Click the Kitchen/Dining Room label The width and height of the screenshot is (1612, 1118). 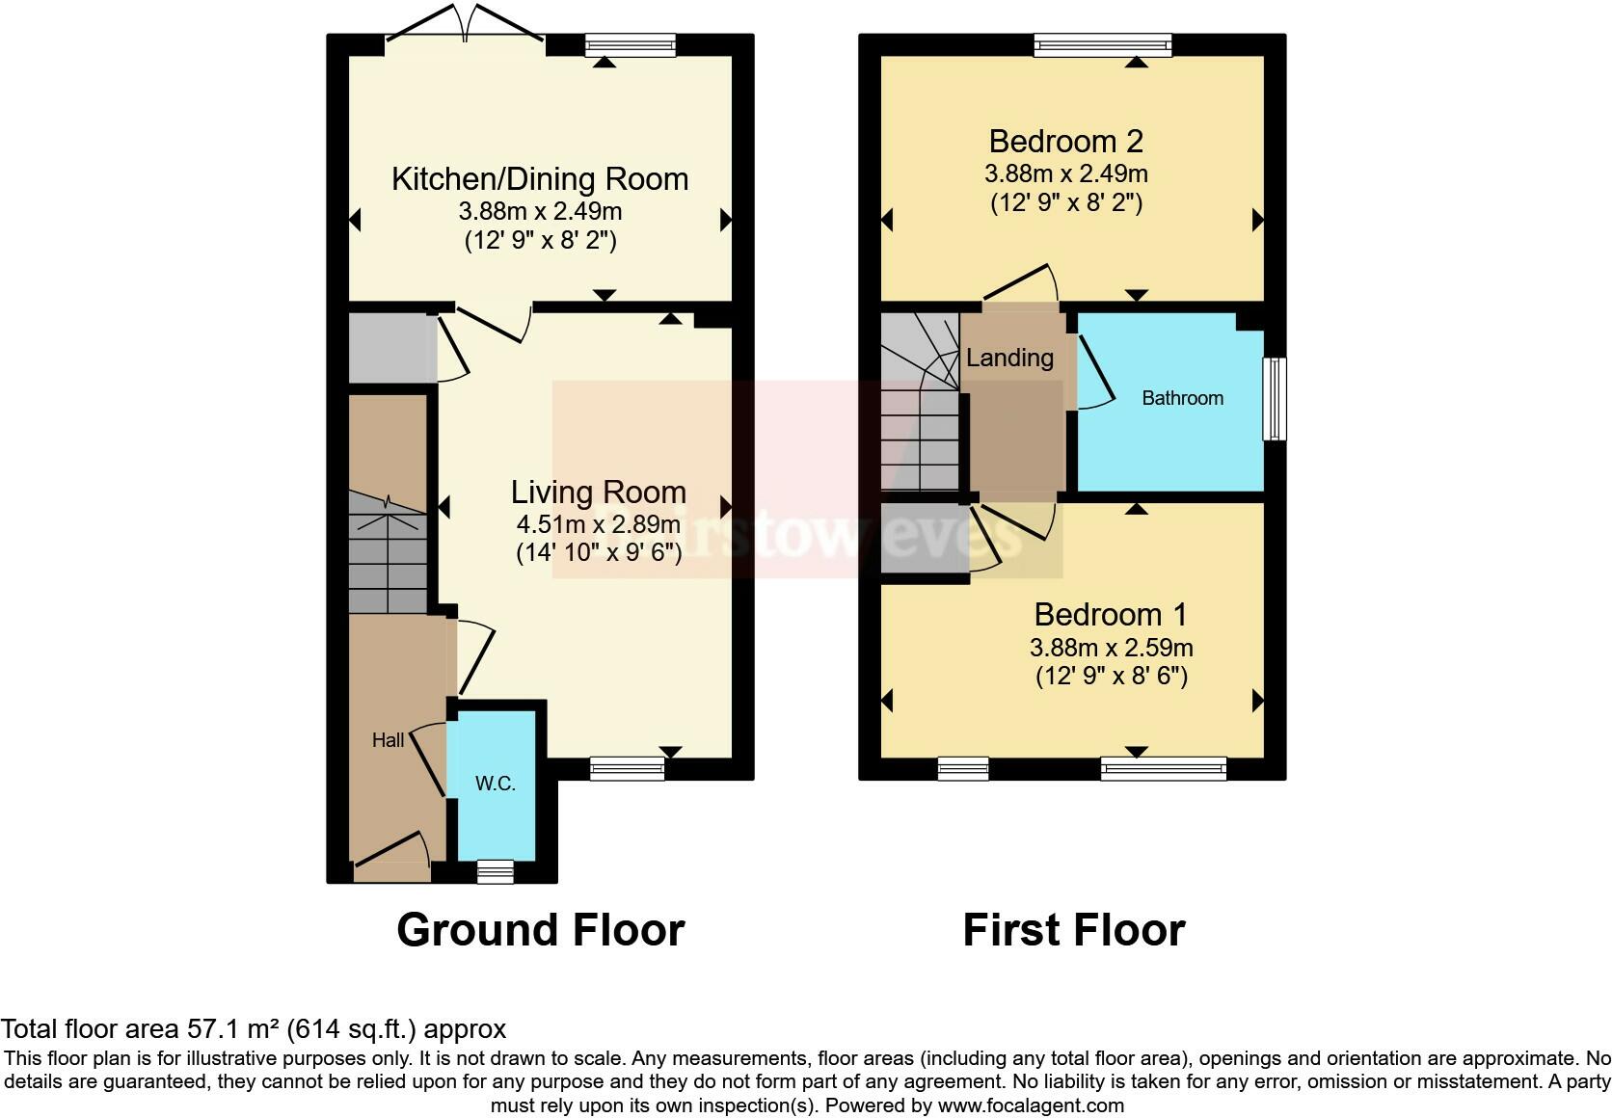(x=540, y=179)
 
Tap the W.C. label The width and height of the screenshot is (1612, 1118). (x=495, y=784)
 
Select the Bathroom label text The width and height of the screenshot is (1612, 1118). (x=1182, y=398)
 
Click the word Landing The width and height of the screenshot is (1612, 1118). (x=1009, y=359)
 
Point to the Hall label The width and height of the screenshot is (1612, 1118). (x=389, y=740)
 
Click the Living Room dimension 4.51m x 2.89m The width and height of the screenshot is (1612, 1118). (x=598, y=525)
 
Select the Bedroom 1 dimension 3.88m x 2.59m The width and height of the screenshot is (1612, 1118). (x=1111, y=647)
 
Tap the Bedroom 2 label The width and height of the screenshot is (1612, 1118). (x=1065, y=142)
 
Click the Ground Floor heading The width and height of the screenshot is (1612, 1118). (x=540, y=930)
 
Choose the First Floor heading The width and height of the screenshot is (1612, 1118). (x=1073, y=930)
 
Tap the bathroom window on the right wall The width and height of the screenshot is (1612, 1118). (x=1275, y=399)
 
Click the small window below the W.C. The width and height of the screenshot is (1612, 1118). (x=496, y=872)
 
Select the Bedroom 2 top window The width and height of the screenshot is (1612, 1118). (x=1102, y=44)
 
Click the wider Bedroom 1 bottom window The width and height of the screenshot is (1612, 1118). (x=1163, y=768)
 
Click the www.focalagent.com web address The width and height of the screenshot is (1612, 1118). (x=1031, y=1105)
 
